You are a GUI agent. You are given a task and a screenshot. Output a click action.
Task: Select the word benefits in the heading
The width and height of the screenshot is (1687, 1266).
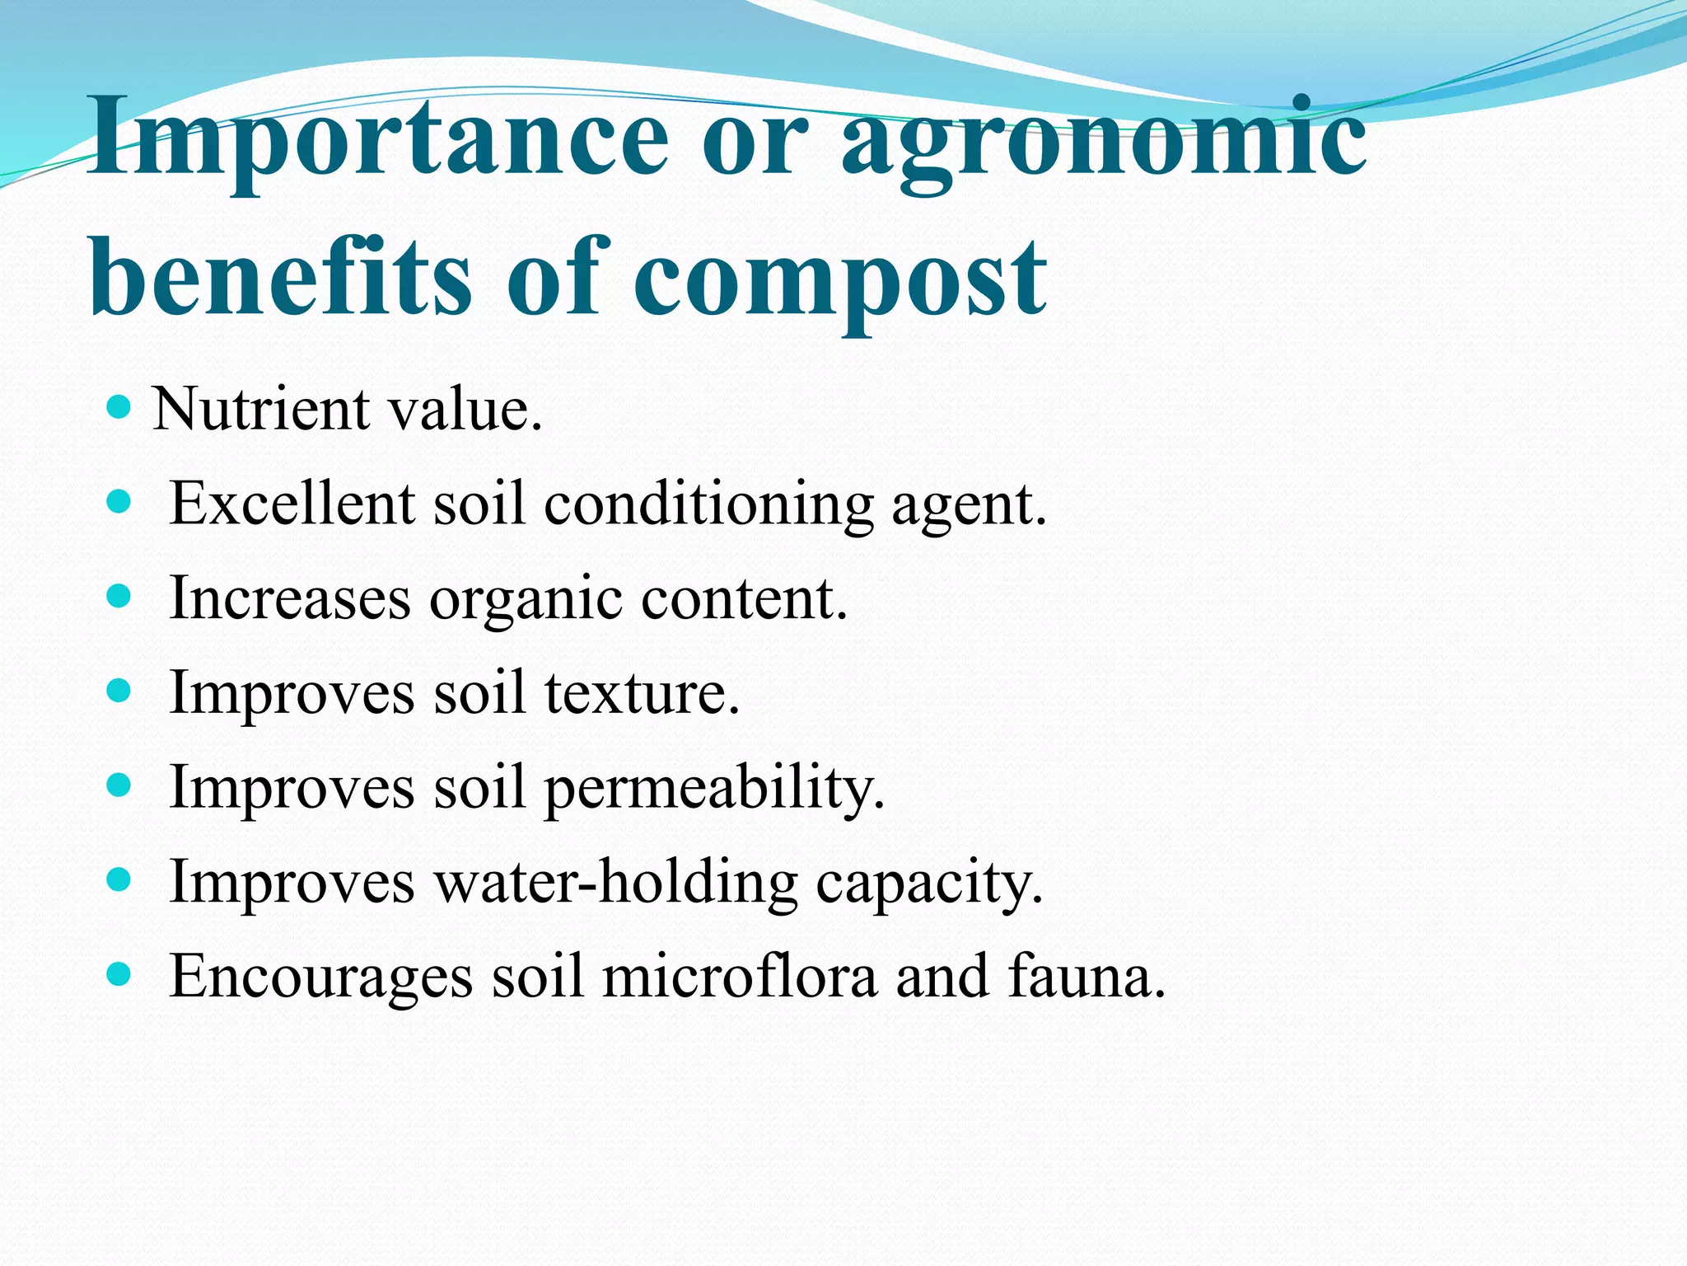point(280,275)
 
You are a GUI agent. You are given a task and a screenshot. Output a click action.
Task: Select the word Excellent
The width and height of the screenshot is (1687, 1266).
point(292,503)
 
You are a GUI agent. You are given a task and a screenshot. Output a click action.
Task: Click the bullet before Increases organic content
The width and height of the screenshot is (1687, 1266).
point(119,596)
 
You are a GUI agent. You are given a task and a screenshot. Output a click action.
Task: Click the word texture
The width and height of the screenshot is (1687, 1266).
point(642,692)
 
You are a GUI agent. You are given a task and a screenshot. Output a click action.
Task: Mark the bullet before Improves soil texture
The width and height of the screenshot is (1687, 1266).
point(119,691)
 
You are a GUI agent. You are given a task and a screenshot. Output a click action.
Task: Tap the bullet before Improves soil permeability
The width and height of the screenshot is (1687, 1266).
point(119,785)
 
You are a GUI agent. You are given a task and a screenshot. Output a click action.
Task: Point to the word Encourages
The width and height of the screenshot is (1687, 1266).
point(321,978)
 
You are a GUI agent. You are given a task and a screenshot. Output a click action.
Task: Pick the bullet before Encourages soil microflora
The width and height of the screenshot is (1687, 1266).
point(119,975)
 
